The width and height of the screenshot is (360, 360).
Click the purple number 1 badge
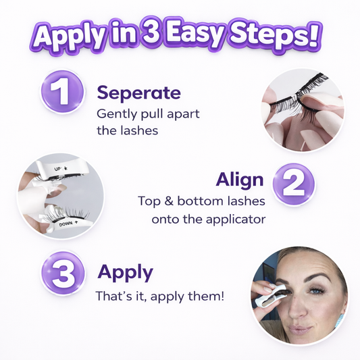[x=62, y=92]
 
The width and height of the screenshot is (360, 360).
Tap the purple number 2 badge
[x=294, y=183]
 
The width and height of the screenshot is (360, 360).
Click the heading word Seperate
[x=138, y=93]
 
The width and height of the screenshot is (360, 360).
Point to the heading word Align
[x=240, y=180]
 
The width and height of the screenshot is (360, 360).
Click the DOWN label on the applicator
[x=66, y=224]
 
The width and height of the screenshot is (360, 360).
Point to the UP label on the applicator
[x=57, y=169]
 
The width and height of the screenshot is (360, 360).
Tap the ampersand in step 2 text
[x=169, y=201]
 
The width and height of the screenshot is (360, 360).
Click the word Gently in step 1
[x=117, y=114]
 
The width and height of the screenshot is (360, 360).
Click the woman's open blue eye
[x=316, y=291]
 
